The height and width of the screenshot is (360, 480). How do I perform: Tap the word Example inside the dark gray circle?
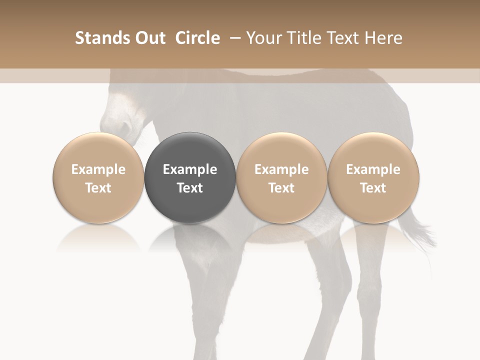(190, 169)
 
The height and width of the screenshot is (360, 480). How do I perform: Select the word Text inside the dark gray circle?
(190, 188)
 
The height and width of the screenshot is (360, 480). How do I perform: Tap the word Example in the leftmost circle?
(98, 169)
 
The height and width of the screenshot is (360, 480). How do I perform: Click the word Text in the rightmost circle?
(373, 188)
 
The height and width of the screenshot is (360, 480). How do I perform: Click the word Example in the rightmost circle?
(373, 169)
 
